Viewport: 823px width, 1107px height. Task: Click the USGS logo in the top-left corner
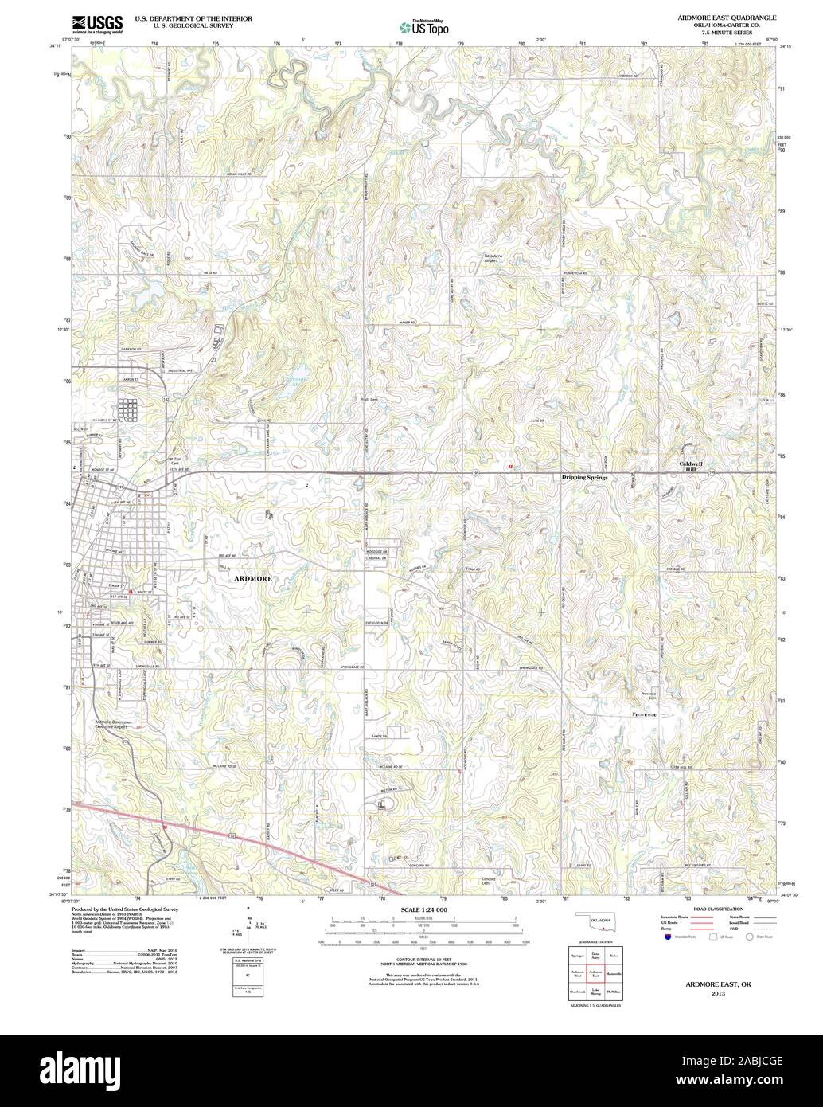(96, 25)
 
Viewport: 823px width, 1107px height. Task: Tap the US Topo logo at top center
(423, 27)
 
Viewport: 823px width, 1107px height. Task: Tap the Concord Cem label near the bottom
(490, 881)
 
